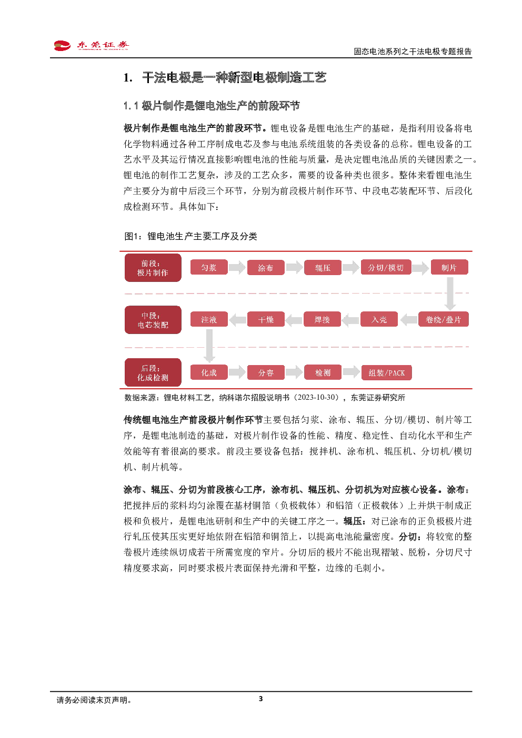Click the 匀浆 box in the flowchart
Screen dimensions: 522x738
click(x=209, y=267)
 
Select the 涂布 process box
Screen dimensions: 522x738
click(x=266, y=268)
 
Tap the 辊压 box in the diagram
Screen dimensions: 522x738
click(x=323, y=268)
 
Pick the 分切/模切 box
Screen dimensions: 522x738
click(x=386, y=267)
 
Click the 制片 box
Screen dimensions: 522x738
click(x=449, y=267)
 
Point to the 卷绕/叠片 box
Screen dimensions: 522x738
click(x=443, y=319)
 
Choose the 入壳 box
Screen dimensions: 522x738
click(x=379, y=319)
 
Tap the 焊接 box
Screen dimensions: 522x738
click(x=322, y=319)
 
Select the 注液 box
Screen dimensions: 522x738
click(x=209, y=319)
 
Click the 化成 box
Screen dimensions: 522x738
click(x=209, y=372)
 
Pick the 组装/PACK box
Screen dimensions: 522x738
click(x=387, y=372)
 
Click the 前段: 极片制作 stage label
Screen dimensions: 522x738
click(x=153, y=268)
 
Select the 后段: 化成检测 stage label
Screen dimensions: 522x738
click(x=153, y=372)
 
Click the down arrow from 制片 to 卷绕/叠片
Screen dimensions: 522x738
click(x=450, y=294)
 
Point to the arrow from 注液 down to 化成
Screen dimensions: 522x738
click(x=209, y=346)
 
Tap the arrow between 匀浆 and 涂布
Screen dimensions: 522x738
click(x=237, y=267)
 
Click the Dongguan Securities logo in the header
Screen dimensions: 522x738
click(x=91, y=45)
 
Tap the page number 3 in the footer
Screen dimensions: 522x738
click(x=260, y=699)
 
